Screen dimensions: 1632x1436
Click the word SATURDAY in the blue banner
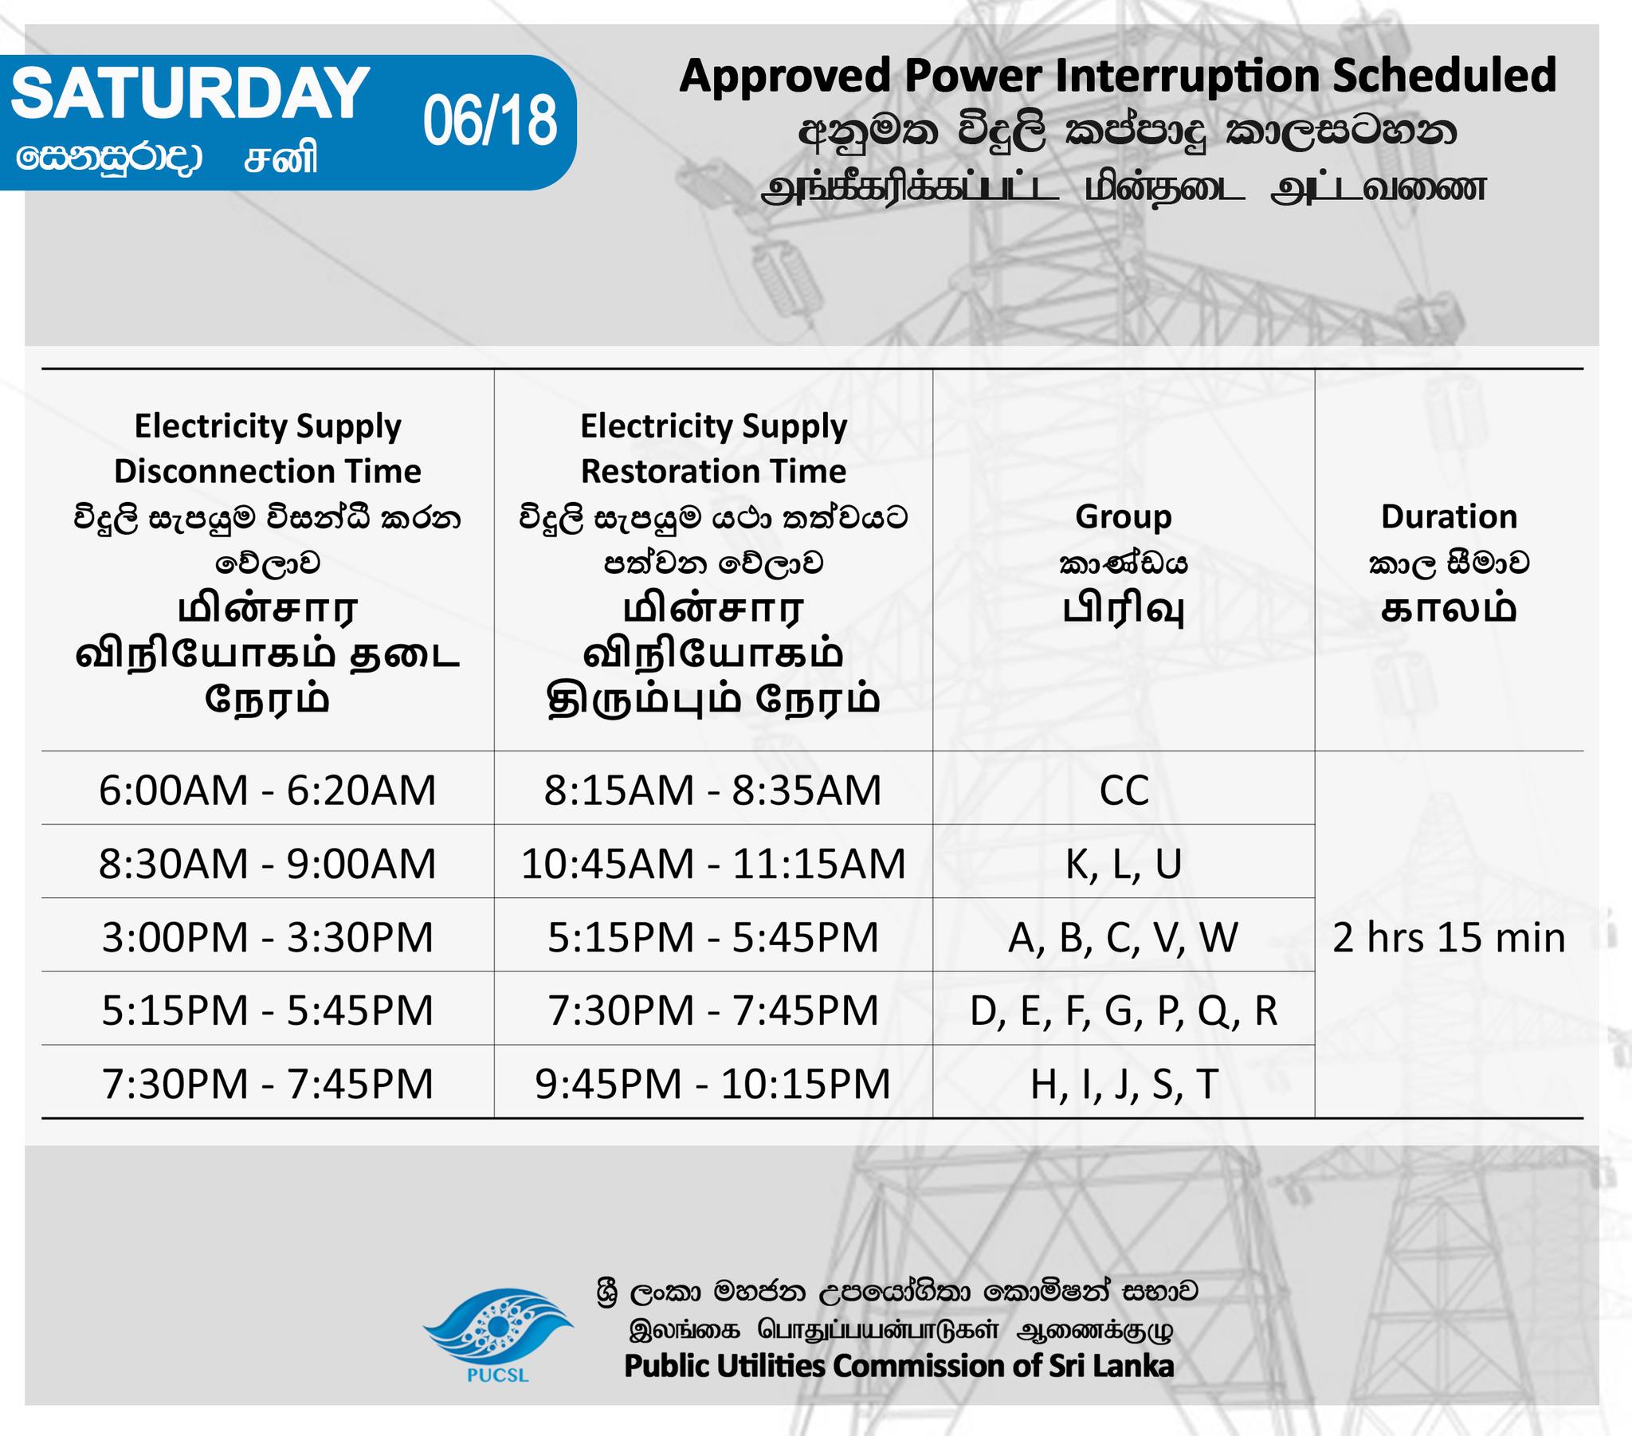(190, 93)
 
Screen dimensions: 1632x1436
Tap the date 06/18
(489, 121)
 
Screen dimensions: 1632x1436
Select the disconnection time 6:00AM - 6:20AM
(268, 790)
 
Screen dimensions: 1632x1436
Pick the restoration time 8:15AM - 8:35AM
(713, 790)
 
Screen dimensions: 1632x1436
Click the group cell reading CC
(1124, 791)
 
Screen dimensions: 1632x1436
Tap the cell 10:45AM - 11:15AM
(713, 863)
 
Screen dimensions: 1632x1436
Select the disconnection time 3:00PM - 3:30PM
(268, 937)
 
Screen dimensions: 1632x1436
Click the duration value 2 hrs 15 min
(1449, 937)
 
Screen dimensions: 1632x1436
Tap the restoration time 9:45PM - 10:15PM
(713, 1084)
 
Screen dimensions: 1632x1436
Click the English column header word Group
(1124, 517)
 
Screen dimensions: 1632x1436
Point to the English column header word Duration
(1450, 516)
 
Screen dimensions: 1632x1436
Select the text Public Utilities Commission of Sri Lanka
(899, 1366)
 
